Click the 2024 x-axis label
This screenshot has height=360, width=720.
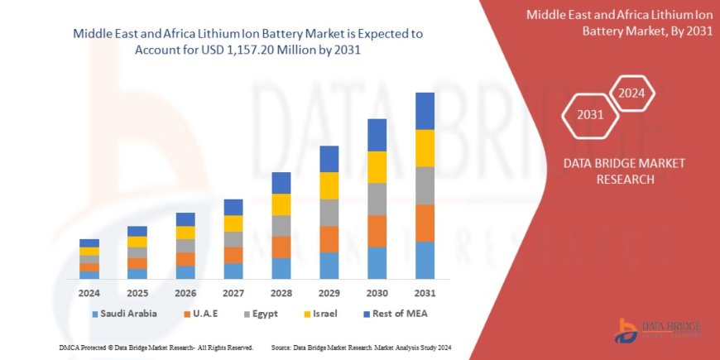89,293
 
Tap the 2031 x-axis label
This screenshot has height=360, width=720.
425,293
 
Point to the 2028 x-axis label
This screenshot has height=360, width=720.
281,293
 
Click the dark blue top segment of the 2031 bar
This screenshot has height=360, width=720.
425,111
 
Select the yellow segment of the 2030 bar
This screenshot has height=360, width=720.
377,167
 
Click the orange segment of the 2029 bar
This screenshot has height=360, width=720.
329,239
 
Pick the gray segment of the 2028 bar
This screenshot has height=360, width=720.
281,226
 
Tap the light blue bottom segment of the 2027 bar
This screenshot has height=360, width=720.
233,271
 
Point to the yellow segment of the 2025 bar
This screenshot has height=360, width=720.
137,242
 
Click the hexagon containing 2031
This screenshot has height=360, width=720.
590,114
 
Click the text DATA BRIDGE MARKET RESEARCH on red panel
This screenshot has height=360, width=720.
612,170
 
